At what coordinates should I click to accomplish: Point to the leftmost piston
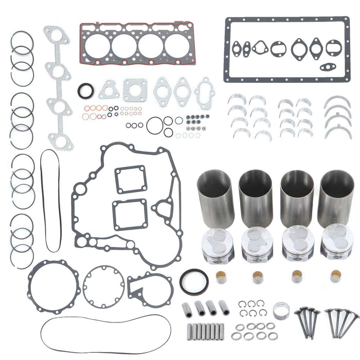pos(219,245)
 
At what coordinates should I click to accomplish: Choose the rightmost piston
pos(337,245)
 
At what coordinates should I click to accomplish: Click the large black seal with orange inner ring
pos(194,281)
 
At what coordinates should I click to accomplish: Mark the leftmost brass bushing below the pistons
pos(222,278)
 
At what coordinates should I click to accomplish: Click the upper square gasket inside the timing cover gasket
pos(130,179)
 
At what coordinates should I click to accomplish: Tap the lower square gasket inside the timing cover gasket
pos(130,215)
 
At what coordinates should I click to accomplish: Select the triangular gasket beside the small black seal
pos(109,91)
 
